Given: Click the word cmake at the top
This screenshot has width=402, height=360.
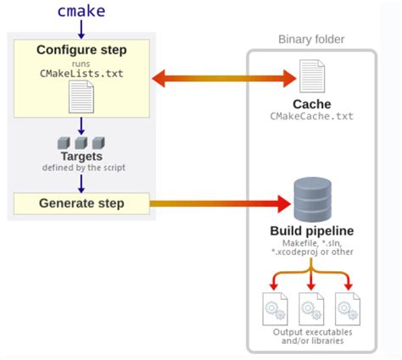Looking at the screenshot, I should (81, 11).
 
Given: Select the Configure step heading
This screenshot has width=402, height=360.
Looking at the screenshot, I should (81, 50).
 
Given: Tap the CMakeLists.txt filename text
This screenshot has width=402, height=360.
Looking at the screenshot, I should (81, 73).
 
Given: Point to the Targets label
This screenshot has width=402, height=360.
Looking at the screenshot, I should (81, 156).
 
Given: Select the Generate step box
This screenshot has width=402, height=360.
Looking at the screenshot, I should (81, 203).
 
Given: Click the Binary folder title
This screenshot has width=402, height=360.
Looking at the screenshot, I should (311, 40).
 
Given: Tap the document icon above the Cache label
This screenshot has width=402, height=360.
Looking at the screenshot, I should (311, 77).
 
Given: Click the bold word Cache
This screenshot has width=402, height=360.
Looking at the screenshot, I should (311, 103).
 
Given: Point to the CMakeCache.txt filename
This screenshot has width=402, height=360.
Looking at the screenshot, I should (311, 116).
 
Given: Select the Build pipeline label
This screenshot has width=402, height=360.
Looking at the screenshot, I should (311, 230).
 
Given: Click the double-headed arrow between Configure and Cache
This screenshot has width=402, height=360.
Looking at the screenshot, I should (225, 79).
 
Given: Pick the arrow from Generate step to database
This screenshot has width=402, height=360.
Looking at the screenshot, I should (221, 203).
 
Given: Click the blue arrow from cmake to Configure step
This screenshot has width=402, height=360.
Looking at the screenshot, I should (81, 30).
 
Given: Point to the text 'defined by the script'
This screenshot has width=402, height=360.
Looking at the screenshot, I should (81, 167).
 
